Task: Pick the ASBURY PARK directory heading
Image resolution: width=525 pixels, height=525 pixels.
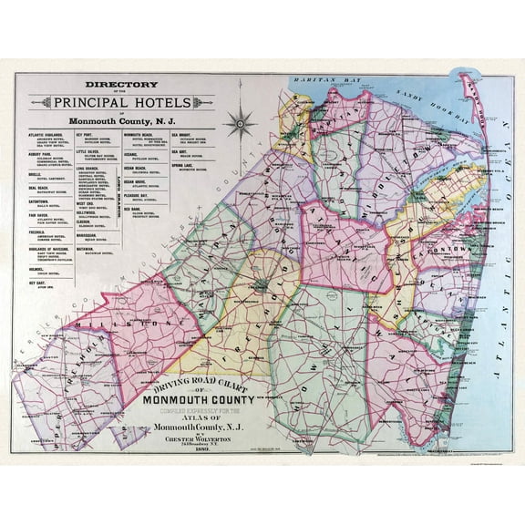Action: [34, 155]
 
